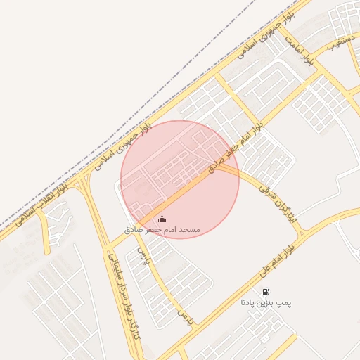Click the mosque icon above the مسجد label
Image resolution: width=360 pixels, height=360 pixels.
[x=162, y=219]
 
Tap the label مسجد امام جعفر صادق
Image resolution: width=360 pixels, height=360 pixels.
[x=162, y=230]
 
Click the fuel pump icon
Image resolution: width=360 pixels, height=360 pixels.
[x=265, y=292]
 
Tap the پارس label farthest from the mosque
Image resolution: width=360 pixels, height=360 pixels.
[x=185, y=320]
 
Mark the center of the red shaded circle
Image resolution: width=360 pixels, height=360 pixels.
[x=180, y=179]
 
